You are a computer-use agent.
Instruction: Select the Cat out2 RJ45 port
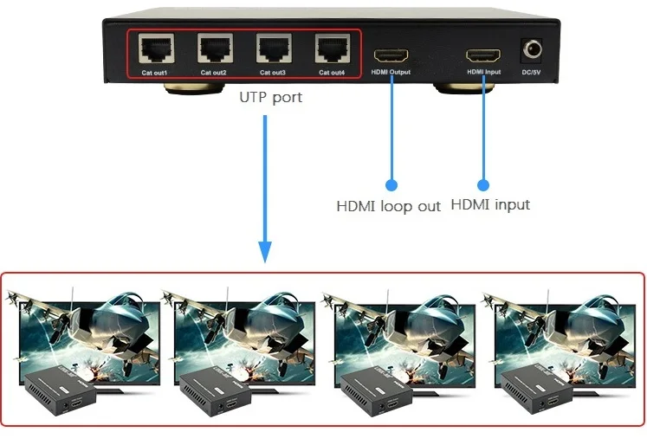(x=214, y=48)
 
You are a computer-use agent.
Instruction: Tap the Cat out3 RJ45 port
(x=272, y=48)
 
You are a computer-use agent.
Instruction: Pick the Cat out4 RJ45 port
(x=332, y=48)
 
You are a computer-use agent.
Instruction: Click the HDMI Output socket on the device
(x=391, y=55)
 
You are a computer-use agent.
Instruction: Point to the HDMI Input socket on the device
(x=483, y=55)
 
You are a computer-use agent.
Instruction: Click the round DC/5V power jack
(x=531, y=49)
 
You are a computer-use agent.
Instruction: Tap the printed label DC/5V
(x=531, y=73)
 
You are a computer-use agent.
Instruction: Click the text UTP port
(x=271, y=97)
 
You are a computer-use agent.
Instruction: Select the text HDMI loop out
(x=388, y=206)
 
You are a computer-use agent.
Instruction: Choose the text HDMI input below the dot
(x=490, y=205)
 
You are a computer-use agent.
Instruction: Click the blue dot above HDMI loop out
(x=391, y=184)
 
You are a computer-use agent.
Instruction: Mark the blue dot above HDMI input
(x=483, y=184)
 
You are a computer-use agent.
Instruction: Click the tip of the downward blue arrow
(x=264, y=260)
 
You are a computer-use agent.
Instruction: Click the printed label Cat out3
(x=272, y=73)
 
